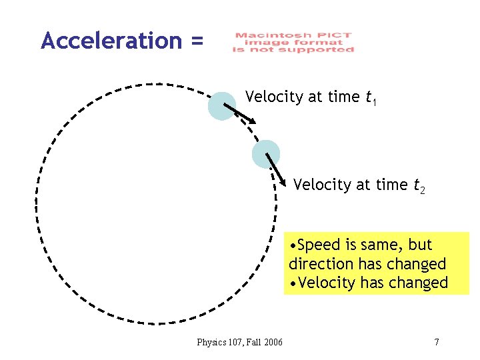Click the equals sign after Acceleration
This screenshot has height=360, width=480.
pos(196,41)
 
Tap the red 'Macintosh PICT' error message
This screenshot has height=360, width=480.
pos(293,43)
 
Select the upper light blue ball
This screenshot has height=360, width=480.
pos(222,106)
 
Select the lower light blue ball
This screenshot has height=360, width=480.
pos(266,154)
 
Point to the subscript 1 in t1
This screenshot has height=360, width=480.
pos(375,103)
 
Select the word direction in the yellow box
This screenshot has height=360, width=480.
pos(322,263)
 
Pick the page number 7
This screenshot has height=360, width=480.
pos(436,343)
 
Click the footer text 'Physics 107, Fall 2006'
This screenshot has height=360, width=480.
pos(239,343)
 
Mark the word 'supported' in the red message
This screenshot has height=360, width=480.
pos(325,51)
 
